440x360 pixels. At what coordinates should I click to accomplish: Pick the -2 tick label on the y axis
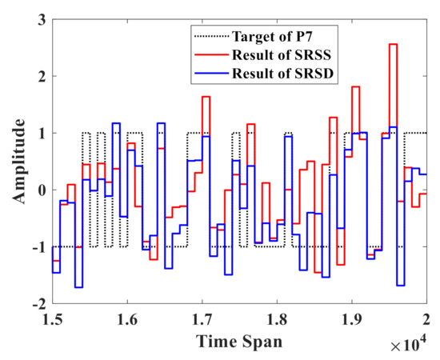(x=32, y=305)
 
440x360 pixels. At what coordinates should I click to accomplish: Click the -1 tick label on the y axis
(x=32, y=248)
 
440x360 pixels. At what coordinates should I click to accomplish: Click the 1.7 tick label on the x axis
(x=202, y=321)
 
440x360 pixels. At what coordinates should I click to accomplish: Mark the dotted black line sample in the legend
(x=210, y=36)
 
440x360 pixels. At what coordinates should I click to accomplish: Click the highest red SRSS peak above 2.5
(x=393, y=45)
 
